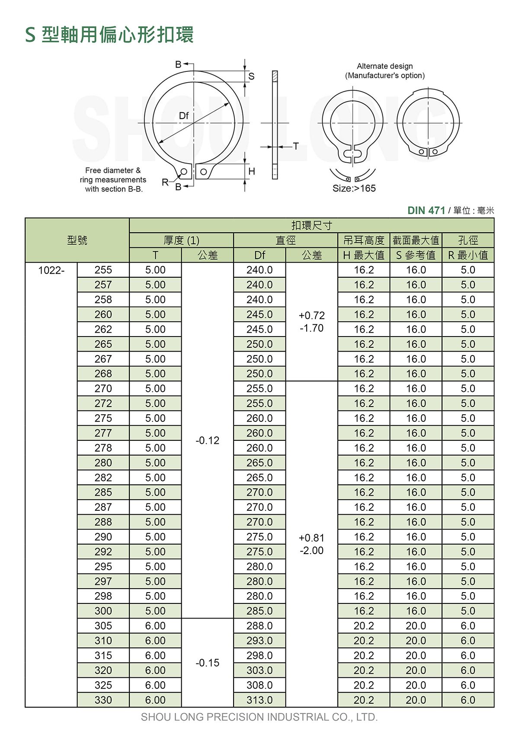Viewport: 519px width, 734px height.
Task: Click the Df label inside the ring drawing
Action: point(184,115)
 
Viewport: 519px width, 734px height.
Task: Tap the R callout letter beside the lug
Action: point(166,182)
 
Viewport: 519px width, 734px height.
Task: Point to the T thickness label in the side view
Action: point(296,146)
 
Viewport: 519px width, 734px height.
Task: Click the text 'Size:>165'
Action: point(354,189)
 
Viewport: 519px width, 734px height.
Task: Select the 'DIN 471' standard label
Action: point(426,210)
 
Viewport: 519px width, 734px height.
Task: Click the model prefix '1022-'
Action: point(51,270)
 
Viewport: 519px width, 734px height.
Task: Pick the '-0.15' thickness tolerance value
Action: point(208,663)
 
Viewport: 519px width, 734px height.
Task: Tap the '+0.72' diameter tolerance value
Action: point(311,316)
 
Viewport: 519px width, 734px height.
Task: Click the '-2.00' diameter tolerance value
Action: point(311,551)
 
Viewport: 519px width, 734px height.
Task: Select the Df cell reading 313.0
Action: point(259,700)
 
